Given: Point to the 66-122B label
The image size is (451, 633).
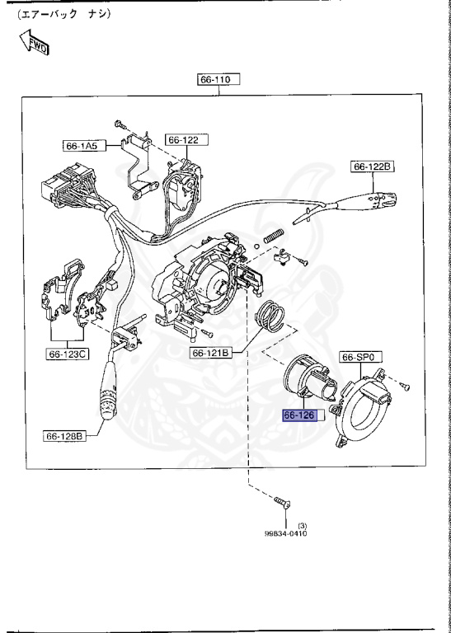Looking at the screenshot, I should (373, 167).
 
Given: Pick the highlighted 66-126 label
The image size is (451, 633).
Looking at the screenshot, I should (299, 415).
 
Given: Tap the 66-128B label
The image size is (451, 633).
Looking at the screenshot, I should (65, 435).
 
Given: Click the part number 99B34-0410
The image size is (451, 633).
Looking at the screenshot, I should (284, 534).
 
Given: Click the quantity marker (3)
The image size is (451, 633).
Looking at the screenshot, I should (302, 526).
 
